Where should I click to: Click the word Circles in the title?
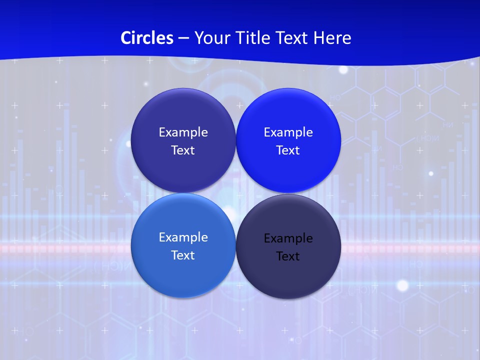146,38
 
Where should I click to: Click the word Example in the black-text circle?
288,238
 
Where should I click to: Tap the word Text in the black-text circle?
288,256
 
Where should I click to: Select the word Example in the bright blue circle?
288,132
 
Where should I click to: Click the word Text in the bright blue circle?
288,150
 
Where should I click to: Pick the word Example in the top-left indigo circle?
183,132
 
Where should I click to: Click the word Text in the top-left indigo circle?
183,150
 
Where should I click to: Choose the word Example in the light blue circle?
183,237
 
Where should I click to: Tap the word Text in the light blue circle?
183,255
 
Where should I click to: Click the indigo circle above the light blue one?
183,112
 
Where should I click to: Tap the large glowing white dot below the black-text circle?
402,285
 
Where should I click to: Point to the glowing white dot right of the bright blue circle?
431,173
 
